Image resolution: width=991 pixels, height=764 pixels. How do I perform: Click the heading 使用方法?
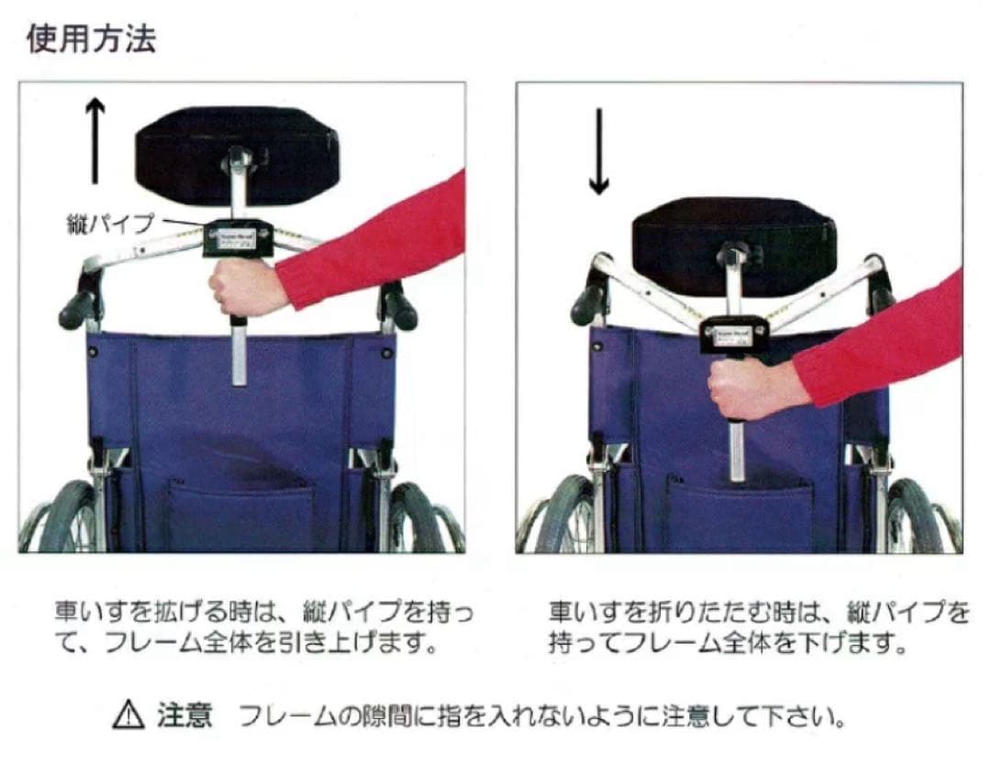click(91, 39)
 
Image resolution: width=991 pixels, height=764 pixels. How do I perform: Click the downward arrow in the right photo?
click(598, 151)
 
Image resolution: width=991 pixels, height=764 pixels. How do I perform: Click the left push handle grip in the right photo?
click(587, 304)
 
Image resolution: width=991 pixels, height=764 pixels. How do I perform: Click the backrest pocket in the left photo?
click(242, 515)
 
